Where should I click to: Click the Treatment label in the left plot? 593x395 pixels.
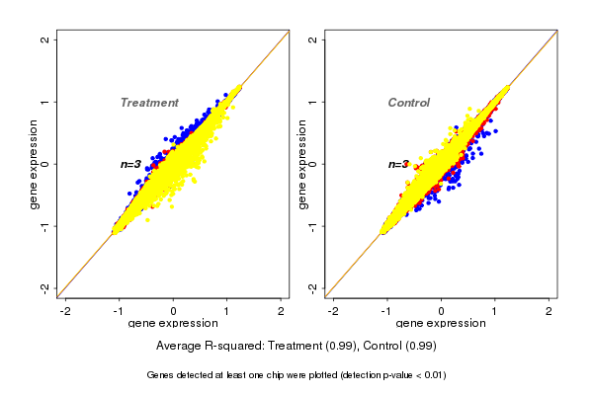[149, 103]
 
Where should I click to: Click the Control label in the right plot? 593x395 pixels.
[408, 103]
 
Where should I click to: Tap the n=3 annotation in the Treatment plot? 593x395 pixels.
[130, 164]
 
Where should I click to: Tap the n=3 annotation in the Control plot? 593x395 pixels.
[398, 164]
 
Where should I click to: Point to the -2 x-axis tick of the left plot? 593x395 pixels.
[66, 311]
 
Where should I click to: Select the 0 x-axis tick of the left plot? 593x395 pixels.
[174, 311]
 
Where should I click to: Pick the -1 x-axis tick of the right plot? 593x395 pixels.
[387, 311]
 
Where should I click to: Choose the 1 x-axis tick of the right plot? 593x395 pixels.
[495, 311]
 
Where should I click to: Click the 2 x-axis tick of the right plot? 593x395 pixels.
[550, 311]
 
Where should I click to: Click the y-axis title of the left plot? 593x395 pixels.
[34, 164]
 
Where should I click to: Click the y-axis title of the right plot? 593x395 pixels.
[301, 164]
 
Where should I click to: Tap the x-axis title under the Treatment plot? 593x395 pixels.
[174, 324]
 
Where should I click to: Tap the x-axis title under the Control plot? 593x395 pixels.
[441, 324]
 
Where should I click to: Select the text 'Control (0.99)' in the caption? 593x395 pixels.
[399, 347]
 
